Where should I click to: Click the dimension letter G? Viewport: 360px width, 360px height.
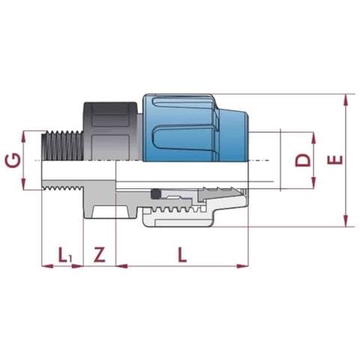click(13, 160)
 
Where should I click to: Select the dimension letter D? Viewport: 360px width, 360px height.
click(302, 160)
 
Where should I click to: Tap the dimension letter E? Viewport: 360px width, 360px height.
click(335, 160)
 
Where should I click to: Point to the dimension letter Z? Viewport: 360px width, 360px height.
click(99, 254)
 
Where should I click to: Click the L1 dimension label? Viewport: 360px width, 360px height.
click(65, 255)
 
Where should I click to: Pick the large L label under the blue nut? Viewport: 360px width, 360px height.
click(182, 254)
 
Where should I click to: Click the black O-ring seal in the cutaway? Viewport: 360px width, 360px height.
click(155, 194)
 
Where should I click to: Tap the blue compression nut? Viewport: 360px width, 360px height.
click(196, 127)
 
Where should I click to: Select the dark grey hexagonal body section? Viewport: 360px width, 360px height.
click(111, 130)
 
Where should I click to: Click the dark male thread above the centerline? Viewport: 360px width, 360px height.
click(62, 145)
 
